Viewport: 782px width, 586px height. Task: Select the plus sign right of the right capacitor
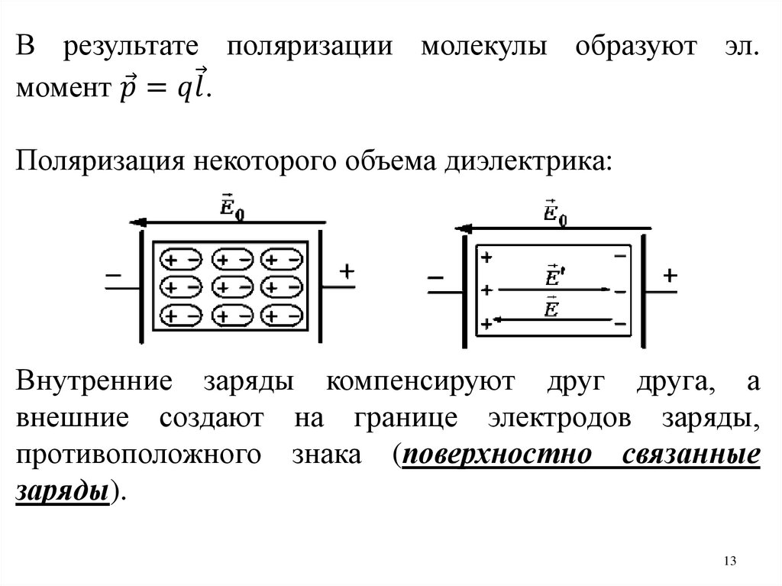pyautogui.click(x=670, y=277)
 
